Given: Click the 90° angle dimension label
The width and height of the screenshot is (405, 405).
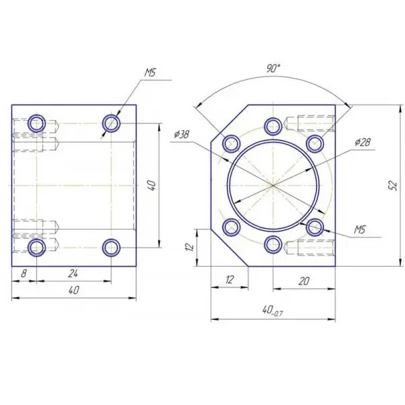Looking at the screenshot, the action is click(x=273, y=68).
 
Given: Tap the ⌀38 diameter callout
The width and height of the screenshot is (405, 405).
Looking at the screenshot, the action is click(x=182, y=134).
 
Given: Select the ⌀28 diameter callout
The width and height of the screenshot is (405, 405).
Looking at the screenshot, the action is click(x=362, y=142).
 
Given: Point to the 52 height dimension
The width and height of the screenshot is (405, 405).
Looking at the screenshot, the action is click(x=392, y=186).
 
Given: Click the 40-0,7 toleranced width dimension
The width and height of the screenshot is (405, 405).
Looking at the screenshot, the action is click(x=273, y=310).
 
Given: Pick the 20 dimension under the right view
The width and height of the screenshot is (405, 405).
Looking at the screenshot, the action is click(x=304, y=281).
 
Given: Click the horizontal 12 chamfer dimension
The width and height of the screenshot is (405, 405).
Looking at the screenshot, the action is click(x=229, y=279).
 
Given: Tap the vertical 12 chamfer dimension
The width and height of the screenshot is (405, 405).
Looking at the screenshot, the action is click(x=190, y=246).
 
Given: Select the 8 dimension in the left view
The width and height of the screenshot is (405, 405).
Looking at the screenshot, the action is click(x=24, y=273).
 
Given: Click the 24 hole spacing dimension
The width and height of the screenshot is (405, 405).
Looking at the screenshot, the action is click(x=73, y=273).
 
